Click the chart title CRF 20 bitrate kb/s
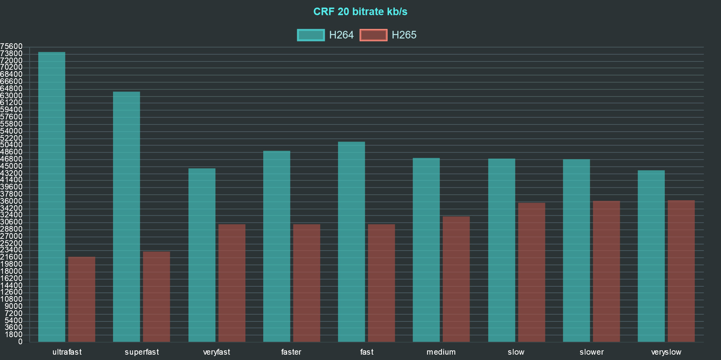[x=360, y=12]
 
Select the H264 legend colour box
[x=311, y=35]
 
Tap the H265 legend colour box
[x=373, y=35]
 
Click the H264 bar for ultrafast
[x=52, y=197]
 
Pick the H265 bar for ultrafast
[x=82, y=299]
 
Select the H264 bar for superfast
[x=127, y=217]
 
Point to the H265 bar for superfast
[x=157, y=297]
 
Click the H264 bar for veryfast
[x=202, y=255]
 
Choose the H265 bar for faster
[x=306, y=283]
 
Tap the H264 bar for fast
[x=352, y=242]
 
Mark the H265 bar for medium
[x=456, y=279]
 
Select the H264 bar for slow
[x=501, y=250]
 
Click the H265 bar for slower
[x=606, y=271]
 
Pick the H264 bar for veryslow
[x=651, y=256]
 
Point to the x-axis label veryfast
[x=216, y=352]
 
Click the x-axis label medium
[x=441, y=352]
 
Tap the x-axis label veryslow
[x=666, y=352]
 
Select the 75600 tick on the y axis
[x=11, y=46]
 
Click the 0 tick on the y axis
[x=20, y=342]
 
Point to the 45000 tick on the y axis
[x=11, y=166]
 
